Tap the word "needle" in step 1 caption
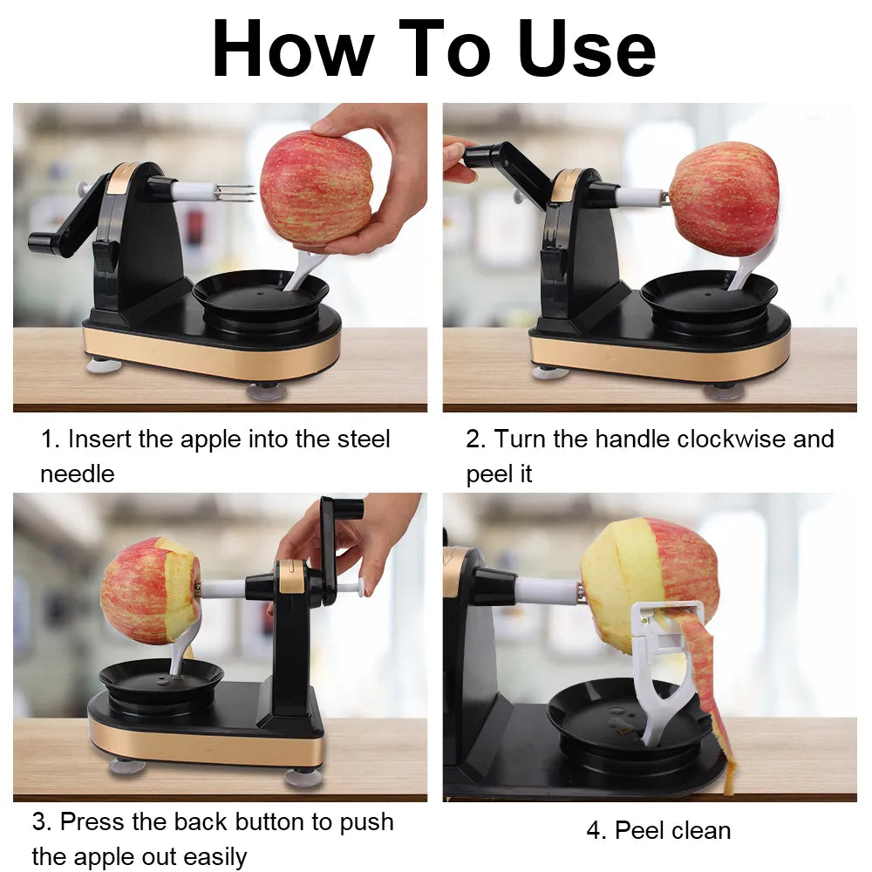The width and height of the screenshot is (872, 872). tap(77, 473)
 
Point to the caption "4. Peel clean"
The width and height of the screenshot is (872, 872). tap(658, 830)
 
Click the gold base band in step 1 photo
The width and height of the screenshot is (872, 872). tap(209, 358)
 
